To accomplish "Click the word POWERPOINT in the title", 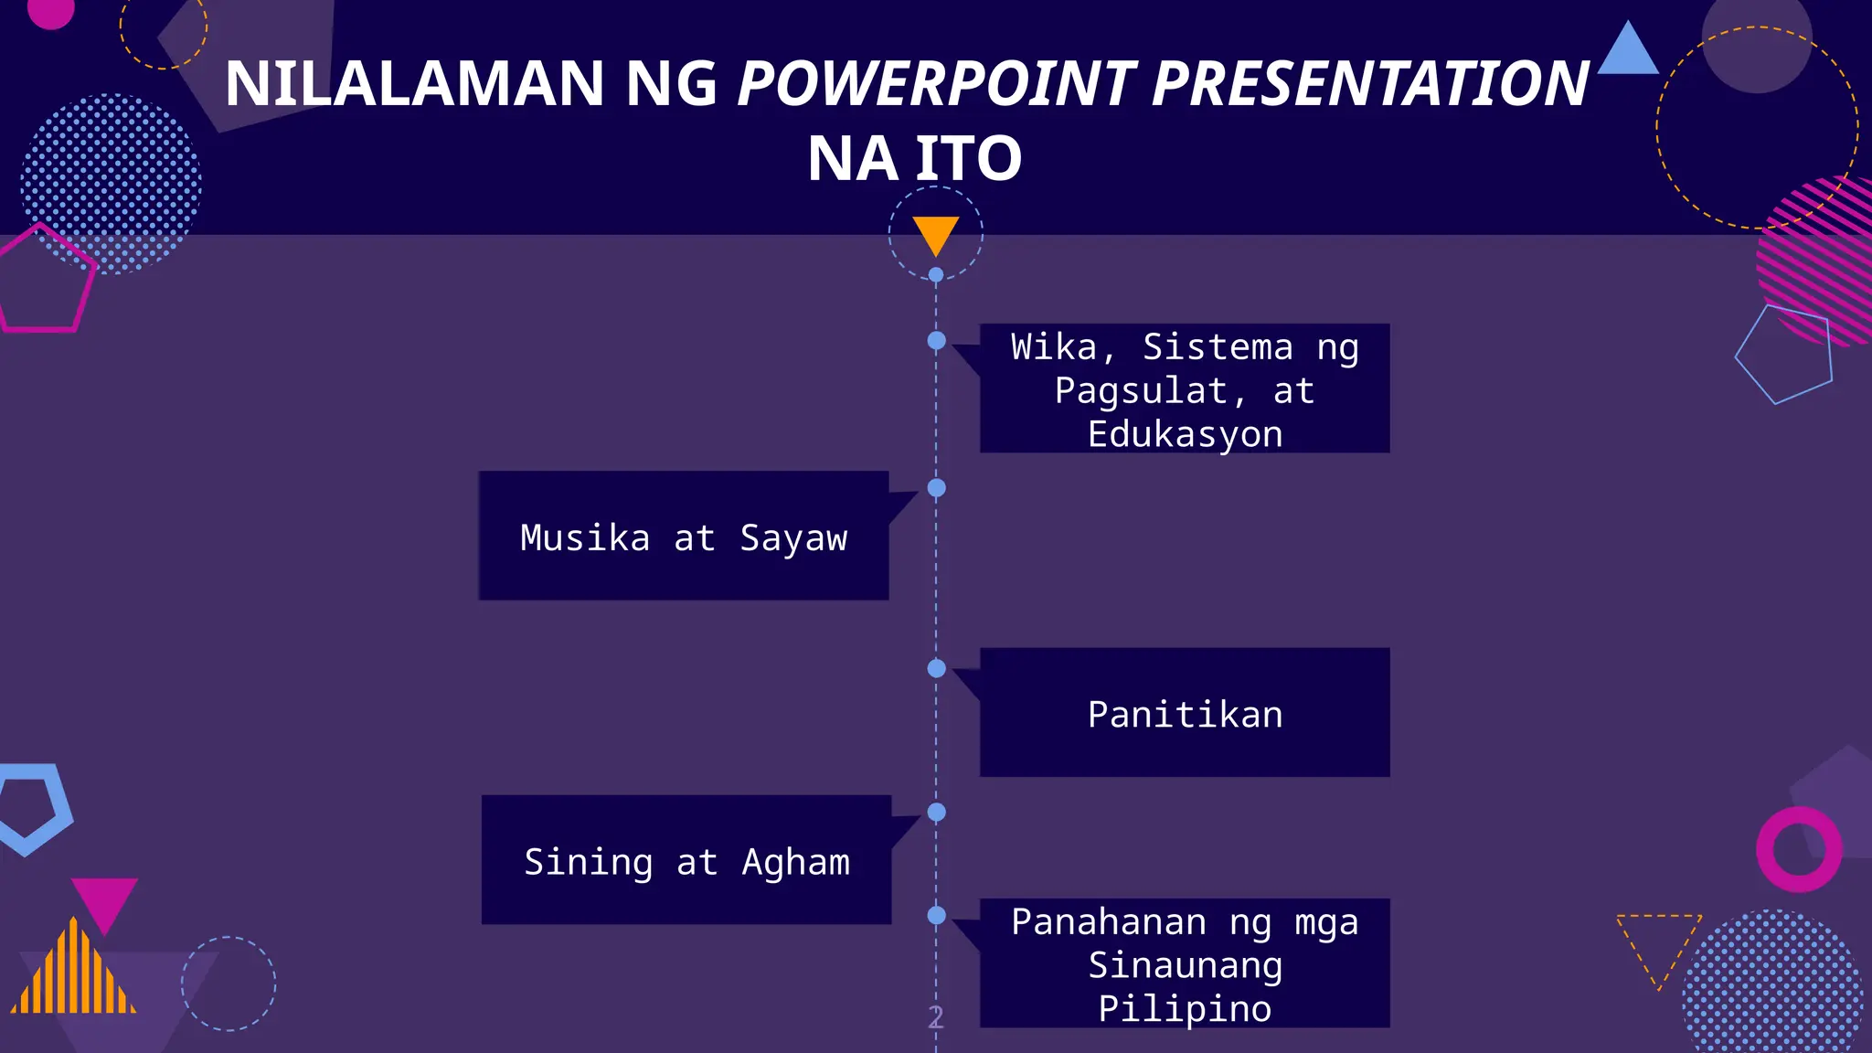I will (938, 84).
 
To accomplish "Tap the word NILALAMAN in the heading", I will (415, 84).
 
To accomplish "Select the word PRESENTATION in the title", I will (1370, 84).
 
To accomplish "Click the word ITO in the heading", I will (969, 159).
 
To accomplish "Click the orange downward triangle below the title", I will (936, 233).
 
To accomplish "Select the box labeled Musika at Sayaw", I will (684, 537).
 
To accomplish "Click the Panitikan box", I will (1185, 713).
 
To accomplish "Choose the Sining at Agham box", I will (686, 860).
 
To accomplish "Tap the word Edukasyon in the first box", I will (1185, 434).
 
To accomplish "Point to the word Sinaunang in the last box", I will (1185, 965).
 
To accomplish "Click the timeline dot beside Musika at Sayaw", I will (937, 488).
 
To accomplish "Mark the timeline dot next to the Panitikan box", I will (937, 669).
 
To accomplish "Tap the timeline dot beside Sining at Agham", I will (937, 812).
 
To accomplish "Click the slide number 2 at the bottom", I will (936, 1016).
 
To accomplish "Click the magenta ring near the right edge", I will (1799, 849).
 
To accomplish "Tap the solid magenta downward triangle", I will (104, 899).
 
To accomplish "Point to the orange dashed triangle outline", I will (1658, 941).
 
